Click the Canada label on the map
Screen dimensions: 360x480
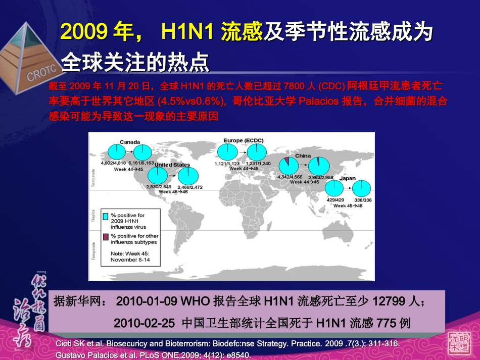[x=130, y=142]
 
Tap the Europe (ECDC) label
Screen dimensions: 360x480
[x=243, y=140]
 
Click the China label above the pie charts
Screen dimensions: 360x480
[x=303, y=156]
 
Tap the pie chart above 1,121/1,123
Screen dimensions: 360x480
[x=226, y=152]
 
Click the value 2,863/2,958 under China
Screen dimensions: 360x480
[x=320, y=178]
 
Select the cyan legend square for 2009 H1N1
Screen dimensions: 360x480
[x=106, y=216]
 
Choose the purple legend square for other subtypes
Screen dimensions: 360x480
[x=106, y=236]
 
